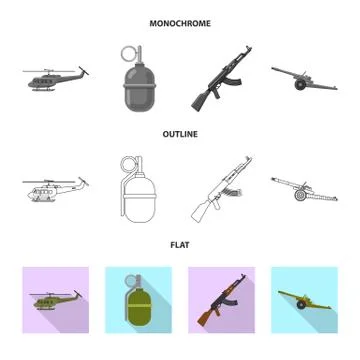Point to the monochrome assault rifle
pos(220,85)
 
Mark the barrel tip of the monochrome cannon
pos(275,68)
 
